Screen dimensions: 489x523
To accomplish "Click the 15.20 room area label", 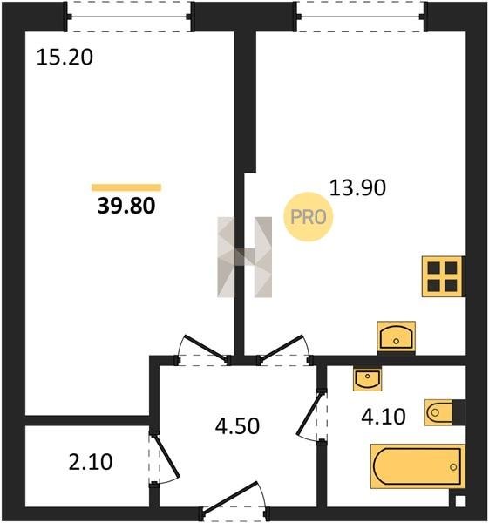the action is tap(65, 57).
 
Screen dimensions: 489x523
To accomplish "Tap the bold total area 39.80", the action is tap(126, 206).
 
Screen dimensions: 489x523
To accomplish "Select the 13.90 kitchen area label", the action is tap(357, 187).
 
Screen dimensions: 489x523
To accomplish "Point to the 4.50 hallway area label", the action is tap(237, 426).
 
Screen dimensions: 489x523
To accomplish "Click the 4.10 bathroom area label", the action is tap(384, 417).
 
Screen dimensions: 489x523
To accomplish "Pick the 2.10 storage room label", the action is tap(91, 462).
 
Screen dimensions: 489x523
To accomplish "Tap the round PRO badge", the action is tap(309, 217).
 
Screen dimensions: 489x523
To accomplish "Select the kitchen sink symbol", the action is tap(397, 336).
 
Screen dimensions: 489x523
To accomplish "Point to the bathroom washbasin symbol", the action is tap(368, 379).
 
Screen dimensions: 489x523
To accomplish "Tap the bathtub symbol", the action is tap(418, 466).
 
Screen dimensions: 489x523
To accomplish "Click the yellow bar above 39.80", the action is tap(126, 187).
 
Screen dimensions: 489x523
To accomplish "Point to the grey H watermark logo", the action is tap(244, 257).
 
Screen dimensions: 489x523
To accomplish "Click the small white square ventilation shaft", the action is tap(460, 501).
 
